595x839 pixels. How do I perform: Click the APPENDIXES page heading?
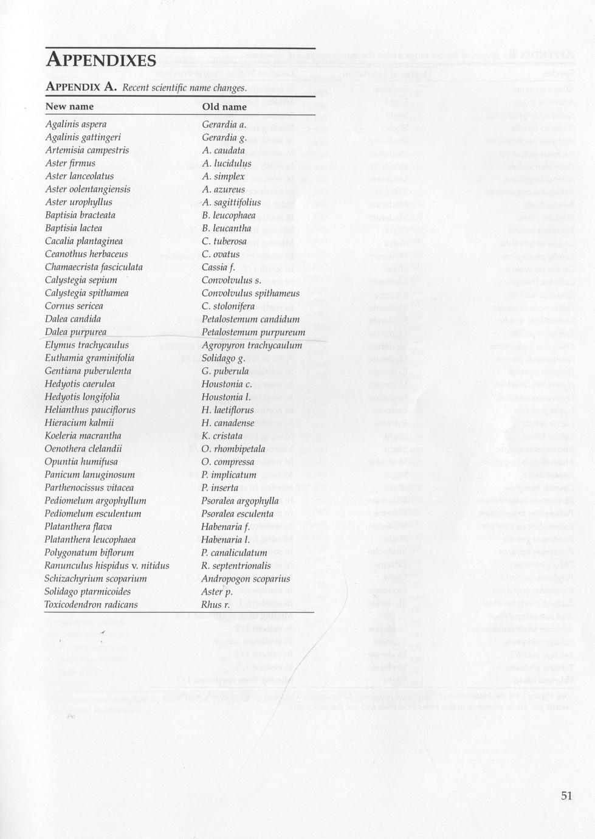101,61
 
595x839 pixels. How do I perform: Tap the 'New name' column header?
69,107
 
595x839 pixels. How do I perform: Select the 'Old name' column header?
224,107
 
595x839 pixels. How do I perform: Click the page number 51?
566,796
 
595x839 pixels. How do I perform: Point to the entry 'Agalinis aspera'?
76,125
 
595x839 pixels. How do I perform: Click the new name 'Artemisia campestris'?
87,150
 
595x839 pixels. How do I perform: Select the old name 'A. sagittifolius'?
232,202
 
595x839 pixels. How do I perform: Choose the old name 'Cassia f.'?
218,267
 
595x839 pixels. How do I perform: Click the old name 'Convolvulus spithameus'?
250,293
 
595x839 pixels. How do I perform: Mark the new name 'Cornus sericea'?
74,306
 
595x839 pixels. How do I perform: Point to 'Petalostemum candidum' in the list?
250,319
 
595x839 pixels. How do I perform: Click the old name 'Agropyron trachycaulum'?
252,345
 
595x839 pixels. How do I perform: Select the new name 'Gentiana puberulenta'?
88,371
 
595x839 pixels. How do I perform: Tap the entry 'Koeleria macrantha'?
83,436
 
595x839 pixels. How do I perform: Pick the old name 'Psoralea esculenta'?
238,514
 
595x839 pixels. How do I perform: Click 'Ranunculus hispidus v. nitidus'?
107,566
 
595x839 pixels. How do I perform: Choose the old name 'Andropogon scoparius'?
246,579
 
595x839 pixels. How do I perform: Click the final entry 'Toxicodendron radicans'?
91,605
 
